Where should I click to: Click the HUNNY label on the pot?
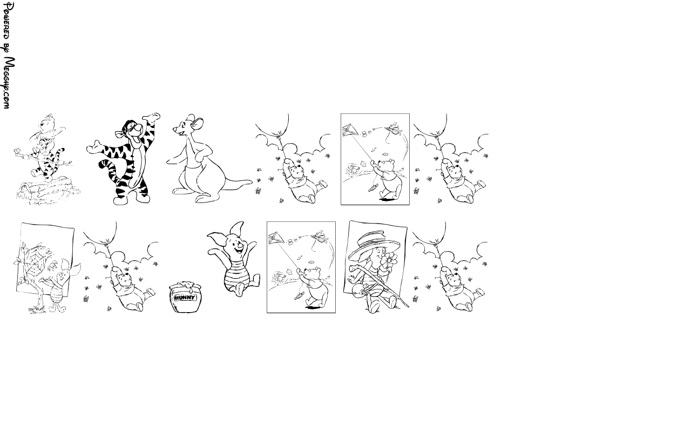[x=185, y=298]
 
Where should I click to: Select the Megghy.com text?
[x=8, y=83]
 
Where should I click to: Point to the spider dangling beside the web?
[x=54, y=265]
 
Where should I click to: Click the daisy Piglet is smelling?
[x=389, y=260]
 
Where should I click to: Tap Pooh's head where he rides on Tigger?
[x=46, y=124]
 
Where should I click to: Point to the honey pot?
[x=185, y=297]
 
